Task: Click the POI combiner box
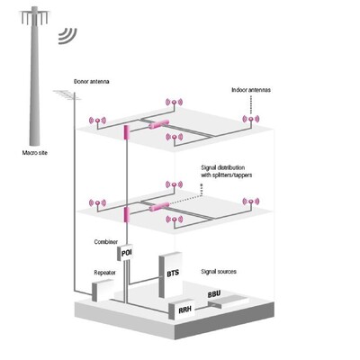(x=124, y=253)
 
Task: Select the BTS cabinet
(x=170, y=274)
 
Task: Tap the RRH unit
(x=182, y=310)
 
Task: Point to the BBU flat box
(x=229, y=301)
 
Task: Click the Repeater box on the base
(x=103, y=290)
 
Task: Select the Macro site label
(x=35, y=153)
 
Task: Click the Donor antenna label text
(x=92, y=81)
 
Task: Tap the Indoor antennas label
(x=251, y=90)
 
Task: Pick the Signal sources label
(x=219, y=272)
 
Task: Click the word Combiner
(x=106, y=242)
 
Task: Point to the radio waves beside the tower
(x=67, y=36)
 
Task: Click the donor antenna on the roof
(x=67, y=95)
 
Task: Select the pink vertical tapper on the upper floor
(x=126, y=133)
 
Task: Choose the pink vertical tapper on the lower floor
(x=126, y=214)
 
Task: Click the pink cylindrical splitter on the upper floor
(x=159, y=123)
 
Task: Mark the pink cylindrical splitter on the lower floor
(x=159, y=206)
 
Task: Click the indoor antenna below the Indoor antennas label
(x=251, y=120)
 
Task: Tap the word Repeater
(x=104, y=273)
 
